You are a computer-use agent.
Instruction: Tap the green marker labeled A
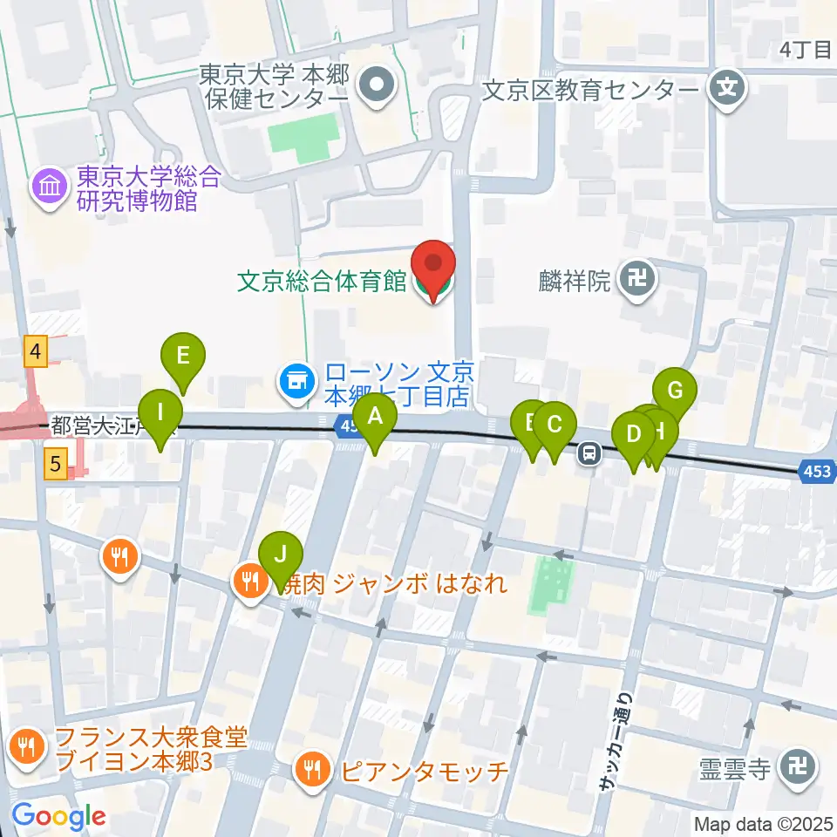click(376, 417)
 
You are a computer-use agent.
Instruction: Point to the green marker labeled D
click(634, 434)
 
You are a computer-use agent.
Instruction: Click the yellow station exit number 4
click(34, 351)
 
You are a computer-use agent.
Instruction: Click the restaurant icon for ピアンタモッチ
click(312, 769)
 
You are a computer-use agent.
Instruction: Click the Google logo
click(58, 816)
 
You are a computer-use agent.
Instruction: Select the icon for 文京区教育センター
click(725, 87)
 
